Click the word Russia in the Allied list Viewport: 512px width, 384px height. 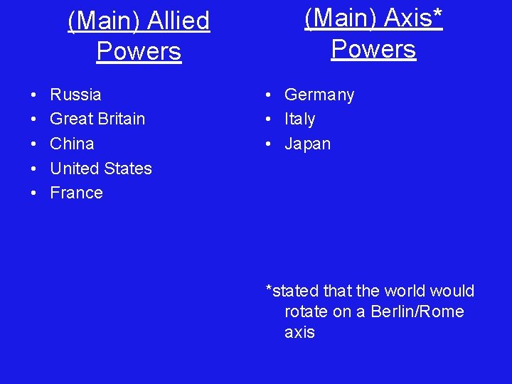75,95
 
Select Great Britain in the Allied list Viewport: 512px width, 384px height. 97,119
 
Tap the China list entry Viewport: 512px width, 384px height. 72,144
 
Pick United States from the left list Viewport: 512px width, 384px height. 101,169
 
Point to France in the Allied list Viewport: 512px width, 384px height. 76,193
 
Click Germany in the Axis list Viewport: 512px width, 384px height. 319,95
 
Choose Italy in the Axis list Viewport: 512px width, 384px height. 299,119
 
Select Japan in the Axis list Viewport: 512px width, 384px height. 307,144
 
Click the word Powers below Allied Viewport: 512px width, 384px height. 139,51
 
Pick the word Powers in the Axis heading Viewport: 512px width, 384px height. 373,49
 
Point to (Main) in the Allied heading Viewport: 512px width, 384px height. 102,21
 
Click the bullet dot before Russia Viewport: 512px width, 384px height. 34,95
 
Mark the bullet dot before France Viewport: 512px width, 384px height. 34,193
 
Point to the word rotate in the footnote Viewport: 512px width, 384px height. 306,311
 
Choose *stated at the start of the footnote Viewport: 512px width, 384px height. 292,291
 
